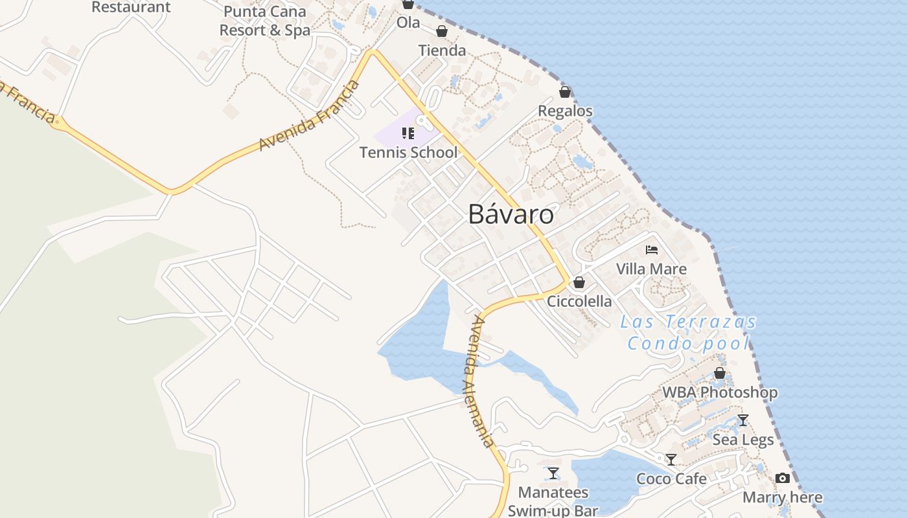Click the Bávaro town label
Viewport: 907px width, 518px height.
click(511, 214)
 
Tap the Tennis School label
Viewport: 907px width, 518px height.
click(408, 153)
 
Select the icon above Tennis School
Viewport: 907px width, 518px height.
click(408, 133)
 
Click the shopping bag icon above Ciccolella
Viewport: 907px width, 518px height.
click(579, 282)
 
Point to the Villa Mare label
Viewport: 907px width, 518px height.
click(651, 269)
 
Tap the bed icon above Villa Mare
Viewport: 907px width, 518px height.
click(652, 249)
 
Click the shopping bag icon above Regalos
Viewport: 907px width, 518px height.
click(565, 92)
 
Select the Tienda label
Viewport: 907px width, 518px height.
click(442, 51)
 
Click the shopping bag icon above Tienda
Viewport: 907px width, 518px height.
click(442, 31)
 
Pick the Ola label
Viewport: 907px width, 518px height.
click(408, 23)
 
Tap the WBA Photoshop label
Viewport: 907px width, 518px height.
click(720, 392)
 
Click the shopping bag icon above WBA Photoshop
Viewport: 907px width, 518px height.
click(720, 373)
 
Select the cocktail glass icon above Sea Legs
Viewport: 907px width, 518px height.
click(743, 420)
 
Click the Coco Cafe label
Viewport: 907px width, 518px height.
click(671, 479)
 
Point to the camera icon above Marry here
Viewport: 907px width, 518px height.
click(783, 479)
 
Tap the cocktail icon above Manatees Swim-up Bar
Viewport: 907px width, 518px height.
click(553, 473)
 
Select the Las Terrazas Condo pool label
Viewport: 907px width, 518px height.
click(688, 332)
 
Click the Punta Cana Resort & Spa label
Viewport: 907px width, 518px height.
click(264, 21)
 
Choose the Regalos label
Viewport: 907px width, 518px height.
click(565, 111)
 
